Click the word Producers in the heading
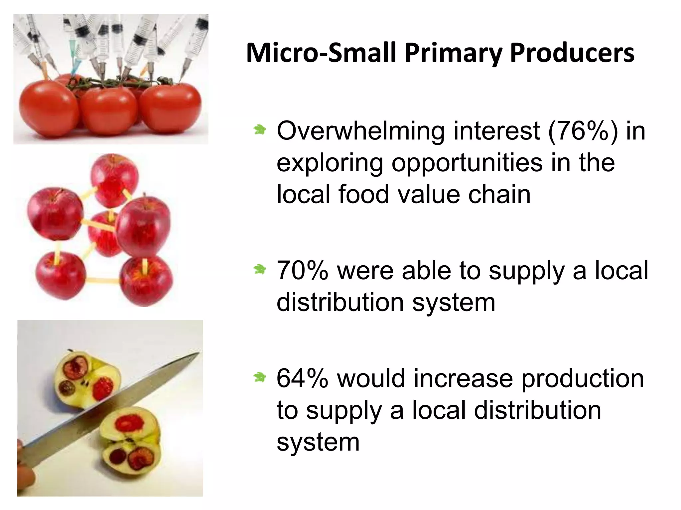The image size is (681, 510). (572, 53)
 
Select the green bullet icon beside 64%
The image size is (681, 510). (259, 377)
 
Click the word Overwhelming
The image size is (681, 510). (360, 131)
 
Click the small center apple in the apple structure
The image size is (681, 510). (104, 234)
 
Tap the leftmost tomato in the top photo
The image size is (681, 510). (48, 106)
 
